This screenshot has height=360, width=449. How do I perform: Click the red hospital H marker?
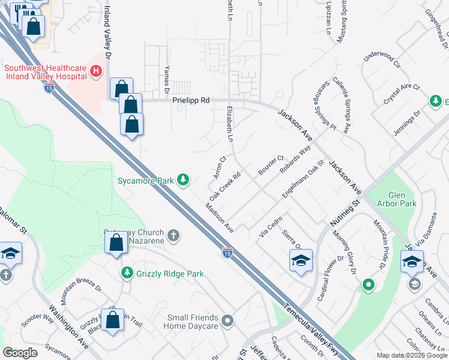(x=95, y=72)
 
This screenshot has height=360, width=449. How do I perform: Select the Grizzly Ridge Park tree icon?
(x=127, y=274)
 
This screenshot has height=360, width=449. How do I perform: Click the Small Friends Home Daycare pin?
(x=227, y=320)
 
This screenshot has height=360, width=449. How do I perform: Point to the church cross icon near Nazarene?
(x=173, y=235)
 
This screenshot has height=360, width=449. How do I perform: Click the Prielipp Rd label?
(x=191, y=101)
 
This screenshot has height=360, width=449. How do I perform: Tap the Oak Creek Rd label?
(x=224, y=188)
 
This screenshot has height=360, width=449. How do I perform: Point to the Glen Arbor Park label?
(x=402, y=199)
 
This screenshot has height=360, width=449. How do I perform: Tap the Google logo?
(x=20, y=353)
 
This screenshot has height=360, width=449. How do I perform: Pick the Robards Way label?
(x=295, y=159)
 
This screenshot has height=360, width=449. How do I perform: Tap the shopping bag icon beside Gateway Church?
(x=116, y=244)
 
